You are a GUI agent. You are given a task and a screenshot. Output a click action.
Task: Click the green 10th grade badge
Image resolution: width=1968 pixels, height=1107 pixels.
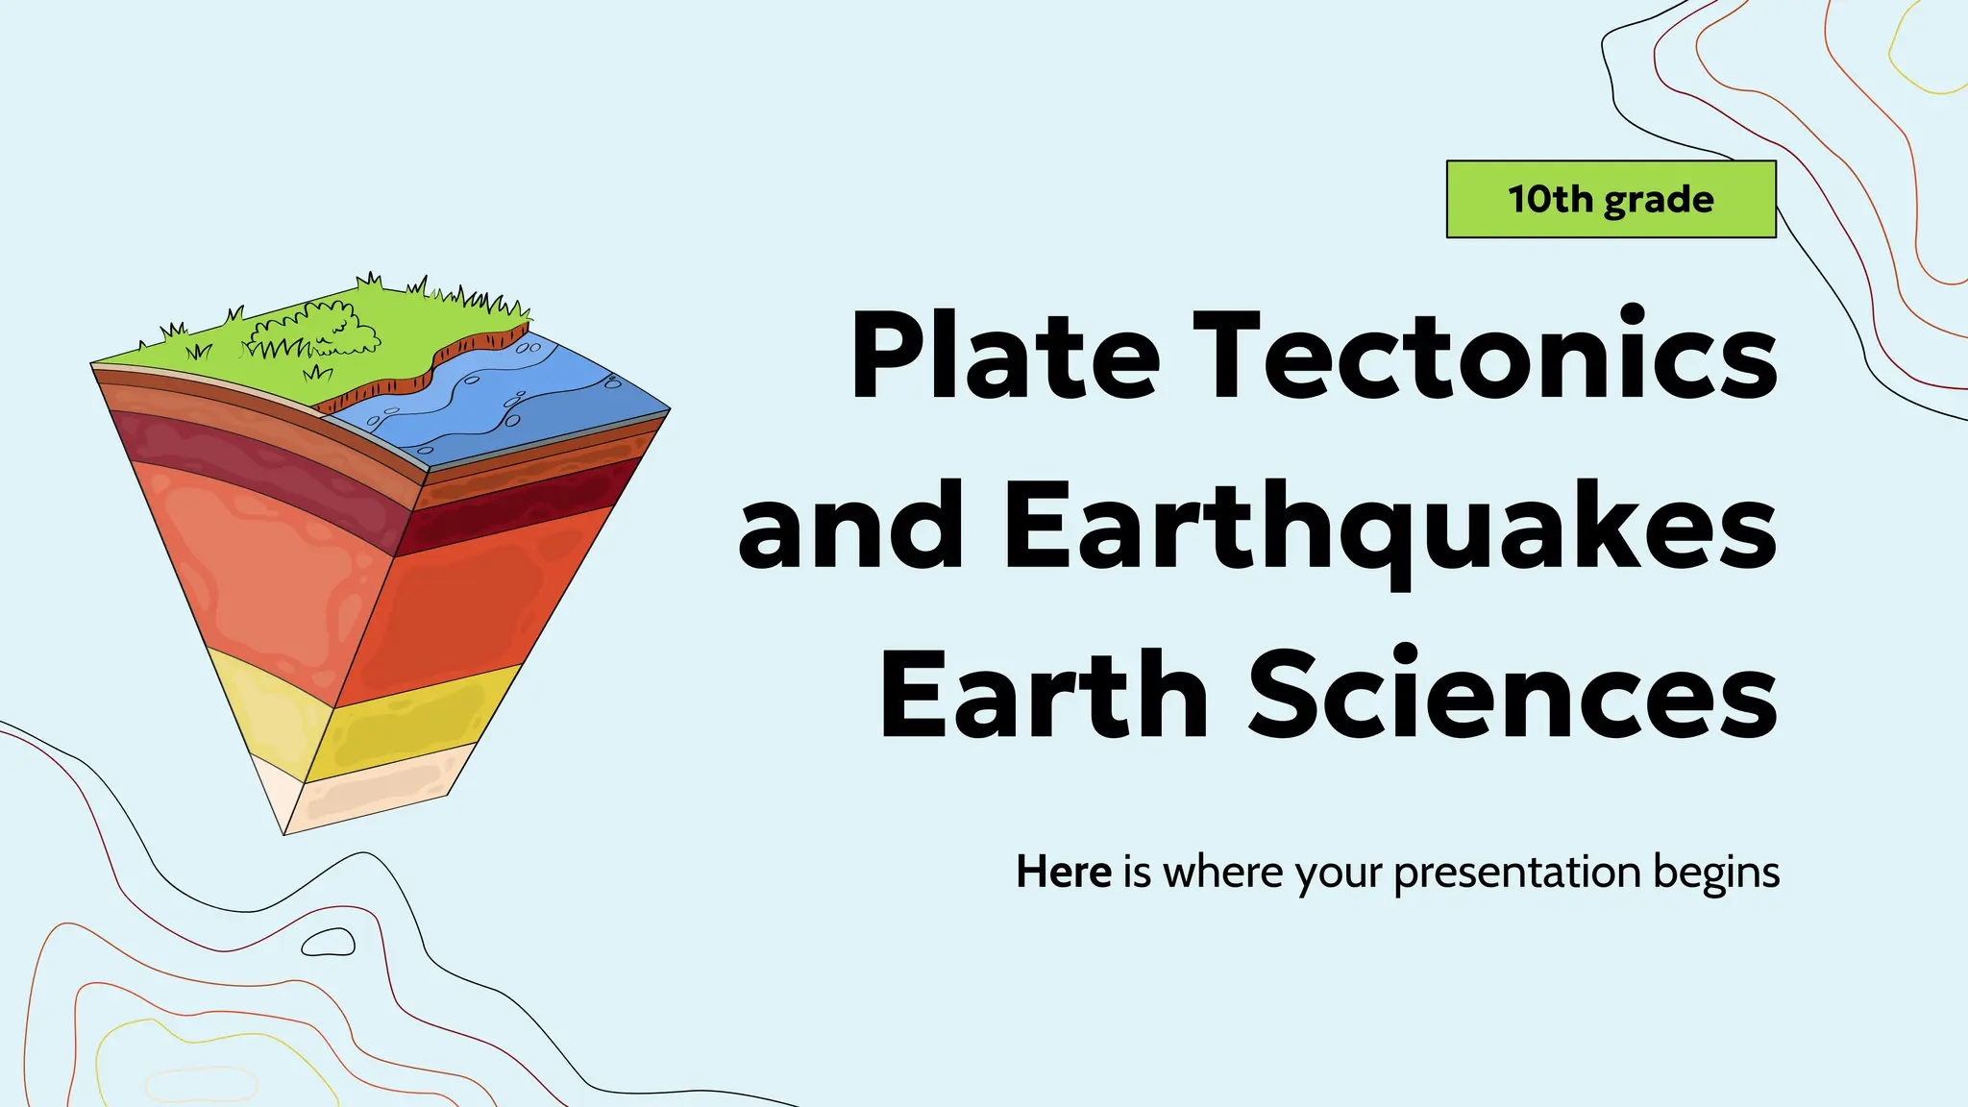(1611, 199)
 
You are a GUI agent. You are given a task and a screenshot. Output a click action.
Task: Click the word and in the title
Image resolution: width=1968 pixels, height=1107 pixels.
(850, 527)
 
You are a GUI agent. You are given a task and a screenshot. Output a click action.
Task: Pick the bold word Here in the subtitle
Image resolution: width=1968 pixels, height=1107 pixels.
(1063, 873)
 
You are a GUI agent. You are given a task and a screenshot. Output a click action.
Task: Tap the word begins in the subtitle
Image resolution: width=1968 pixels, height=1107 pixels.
(1716, 873)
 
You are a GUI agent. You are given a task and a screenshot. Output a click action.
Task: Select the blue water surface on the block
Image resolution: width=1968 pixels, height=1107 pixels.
(500, 394)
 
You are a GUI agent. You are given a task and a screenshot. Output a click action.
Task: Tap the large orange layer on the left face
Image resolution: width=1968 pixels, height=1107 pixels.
(259, 567)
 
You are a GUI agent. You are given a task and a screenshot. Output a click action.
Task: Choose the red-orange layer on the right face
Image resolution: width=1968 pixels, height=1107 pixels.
(471, 596)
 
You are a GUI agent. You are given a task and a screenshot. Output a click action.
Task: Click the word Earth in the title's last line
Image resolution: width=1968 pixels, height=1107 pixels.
(1043, 694)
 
